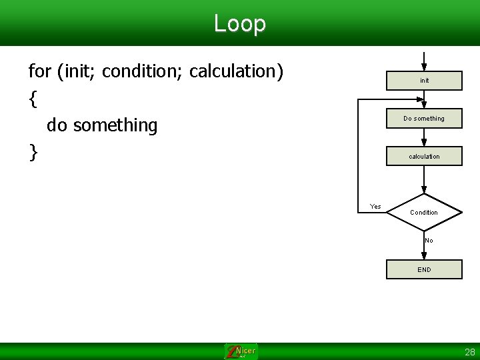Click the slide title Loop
[240, 23]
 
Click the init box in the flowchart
[424, 81]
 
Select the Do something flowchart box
[424, 119]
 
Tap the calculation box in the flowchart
[424, 157]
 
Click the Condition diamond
[424, 213]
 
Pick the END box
[424, 269]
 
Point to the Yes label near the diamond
[375, 206]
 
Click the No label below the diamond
[429, 241]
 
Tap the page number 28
[470, 352]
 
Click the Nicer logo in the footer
[241, 351]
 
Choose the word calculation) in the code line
[237, 71]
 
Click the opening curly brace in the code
[33, 99]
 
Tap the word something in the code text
[115, 125]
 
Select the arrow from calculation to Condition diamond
[424, 180]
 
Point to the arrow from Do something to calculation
[424, 137]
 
